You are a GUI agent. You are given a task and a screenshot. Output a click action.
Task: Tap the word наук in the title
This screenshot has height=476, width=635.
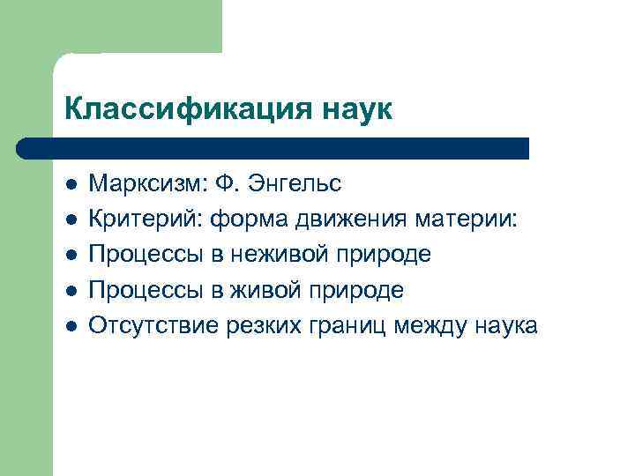[x=351, y=109]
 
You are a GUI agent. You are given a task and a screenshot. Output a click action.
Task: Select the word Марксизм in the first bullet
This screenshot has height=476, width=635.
[x=146, y=183]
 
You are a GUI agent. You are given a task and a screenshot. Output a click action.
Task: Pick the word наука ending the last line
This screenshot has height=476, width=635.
[x=502, y=325]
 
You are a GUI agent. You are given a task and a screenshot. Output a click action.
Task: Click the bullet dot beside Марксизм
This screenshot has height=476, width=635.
[x=71, y=185]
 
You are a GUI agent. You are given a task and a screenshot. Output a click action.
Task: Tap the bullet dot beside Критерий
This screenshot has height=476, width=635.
[x=71, y=220]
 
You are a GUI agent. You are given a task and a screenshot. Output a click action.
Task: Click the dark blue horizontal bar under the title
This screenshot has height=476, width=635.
[x=273, y=147]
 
